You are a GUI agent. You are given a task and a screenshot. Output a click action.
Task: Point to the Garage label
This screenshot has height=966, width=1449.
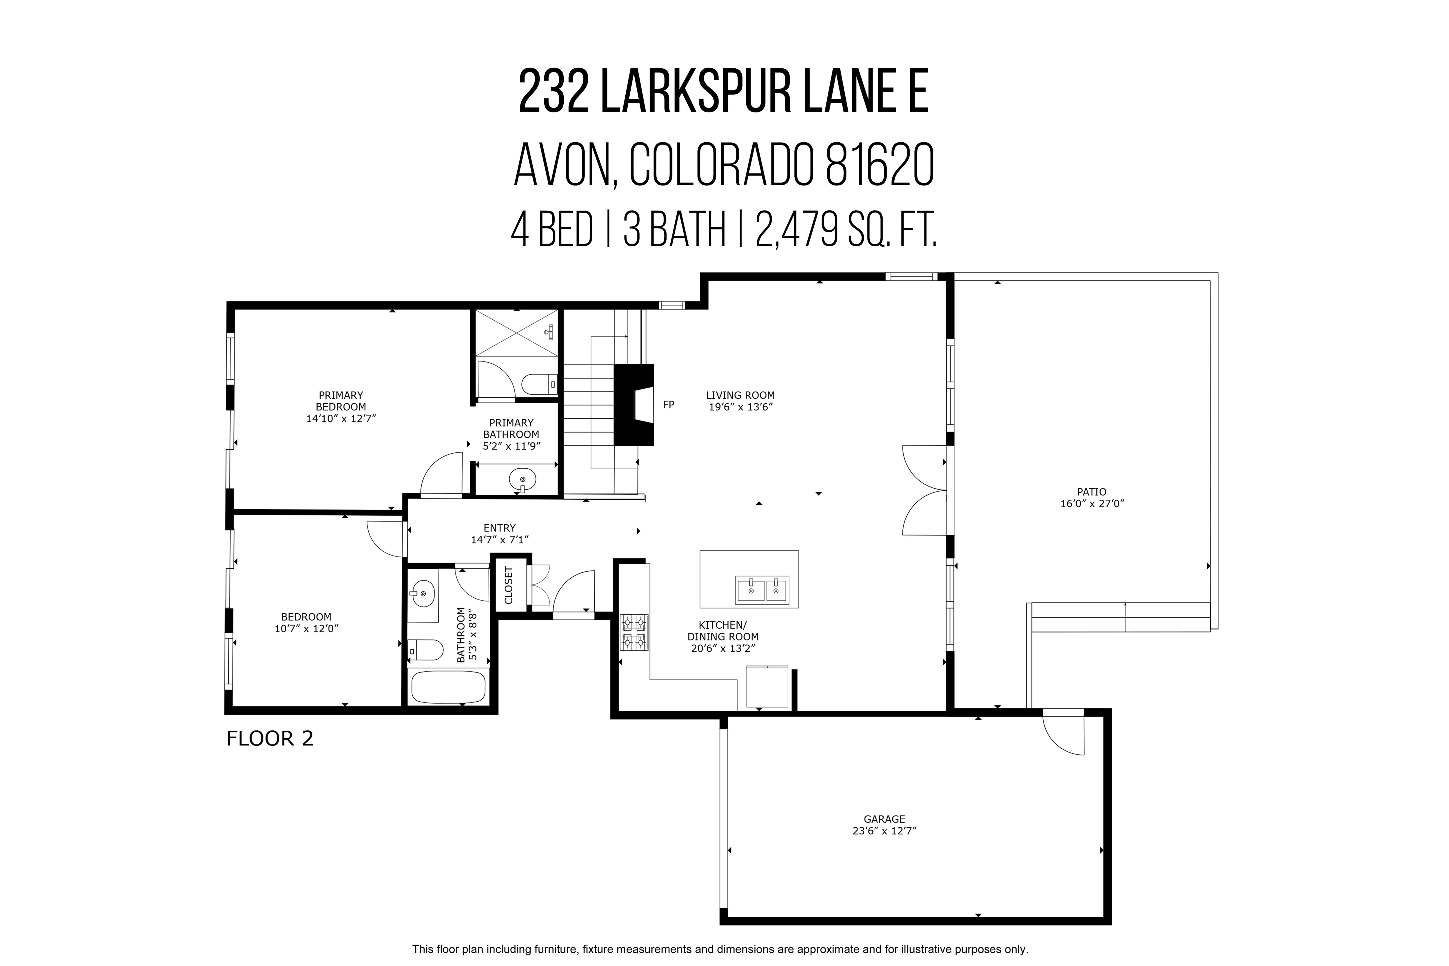coord(884,819)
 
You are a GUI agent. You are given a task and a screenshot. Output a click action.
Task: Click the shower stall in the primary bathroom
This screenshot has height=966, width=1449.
coord(516,333)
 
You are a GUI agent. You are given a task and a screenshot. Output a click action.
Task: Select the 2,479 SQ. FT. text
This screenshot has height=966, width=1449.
coord(846,230)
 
